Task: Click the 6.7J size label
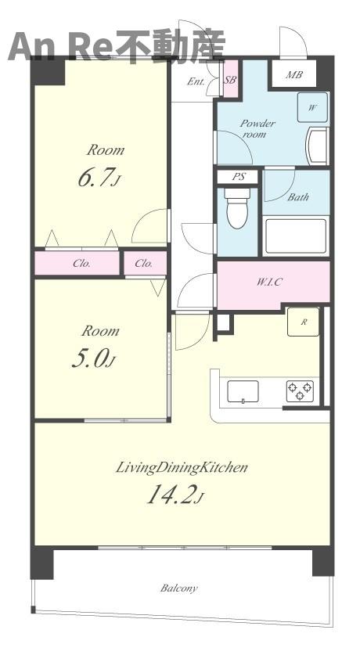pyautogui.click(x=99, y=178)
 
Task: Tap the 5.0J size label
pyautogui.click(x=93, y=359)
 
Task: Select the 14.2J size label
pyautogui.click(x=175, y=495)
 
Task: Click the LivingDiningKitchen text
pyautogui.click(x=182, y=467)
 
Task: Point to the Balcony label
pyautogui.click(x=179, y=588)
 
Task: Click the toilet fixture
pyautogui.click(x=237, y=208)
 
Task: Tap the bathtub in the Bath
pyautogui.click(x=296, y=236)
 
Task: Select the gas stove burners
pyautogui.click(x=300, y=391)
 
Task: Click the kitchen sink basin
pyautogui.click(x=243, y=392)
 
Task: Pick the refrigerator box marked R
pyautogui.click(x=303, y=322)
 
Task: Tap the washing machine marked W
pyautogui.click(x=312, y=107)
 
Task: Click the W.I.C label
pyautogui.click(x=269, y=282)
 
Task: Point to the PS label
pyautogui.click(x=239, y=177)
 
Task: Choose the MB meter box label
pyautogui.click(x=294, y=75)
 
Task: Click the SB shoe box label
pyautogui.click(x=231, y=80)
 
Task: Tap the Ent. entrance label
pyautogui.click(x=196, y=81)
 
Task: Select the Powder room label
pyautogui.click(x=257, y=128)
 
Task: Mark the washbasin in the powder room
pyautogui.click(x=319, y=146)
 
